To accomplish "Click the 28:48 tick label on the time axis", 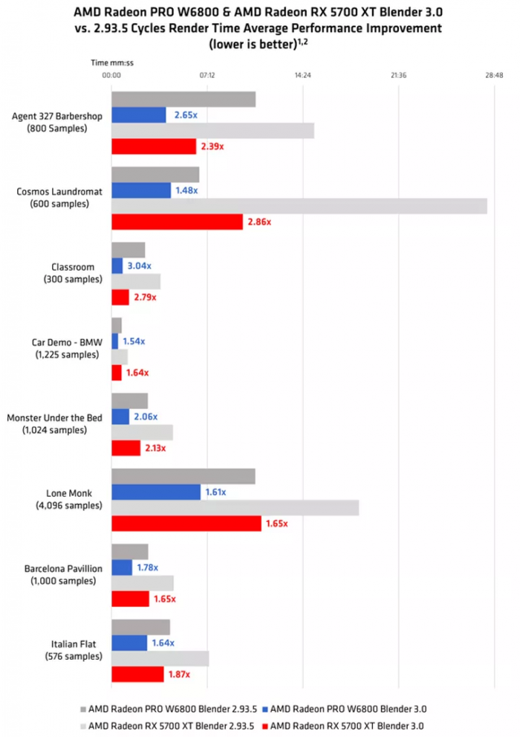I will point(493,75).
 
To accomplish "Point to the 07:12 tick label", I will point(207,75).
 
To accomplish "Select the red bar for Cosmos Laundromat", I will point(177,222).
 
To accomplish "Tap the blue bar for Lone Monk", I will point(156,492).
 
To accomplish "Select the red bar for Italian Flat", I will point(137,674).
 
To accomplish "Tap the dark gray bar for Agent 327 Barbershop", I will point(183,99).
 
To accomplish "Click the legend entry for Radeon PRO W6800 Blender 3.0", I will point(351,709).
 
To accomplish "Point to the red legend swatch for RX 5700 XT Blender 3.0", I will point(266,725).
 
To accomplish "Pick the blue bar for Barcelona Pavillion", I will point(122,567).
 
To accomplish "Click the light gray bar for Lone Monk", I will point(235,508).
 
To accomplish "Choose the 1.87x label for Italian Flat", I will point(178,675).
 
